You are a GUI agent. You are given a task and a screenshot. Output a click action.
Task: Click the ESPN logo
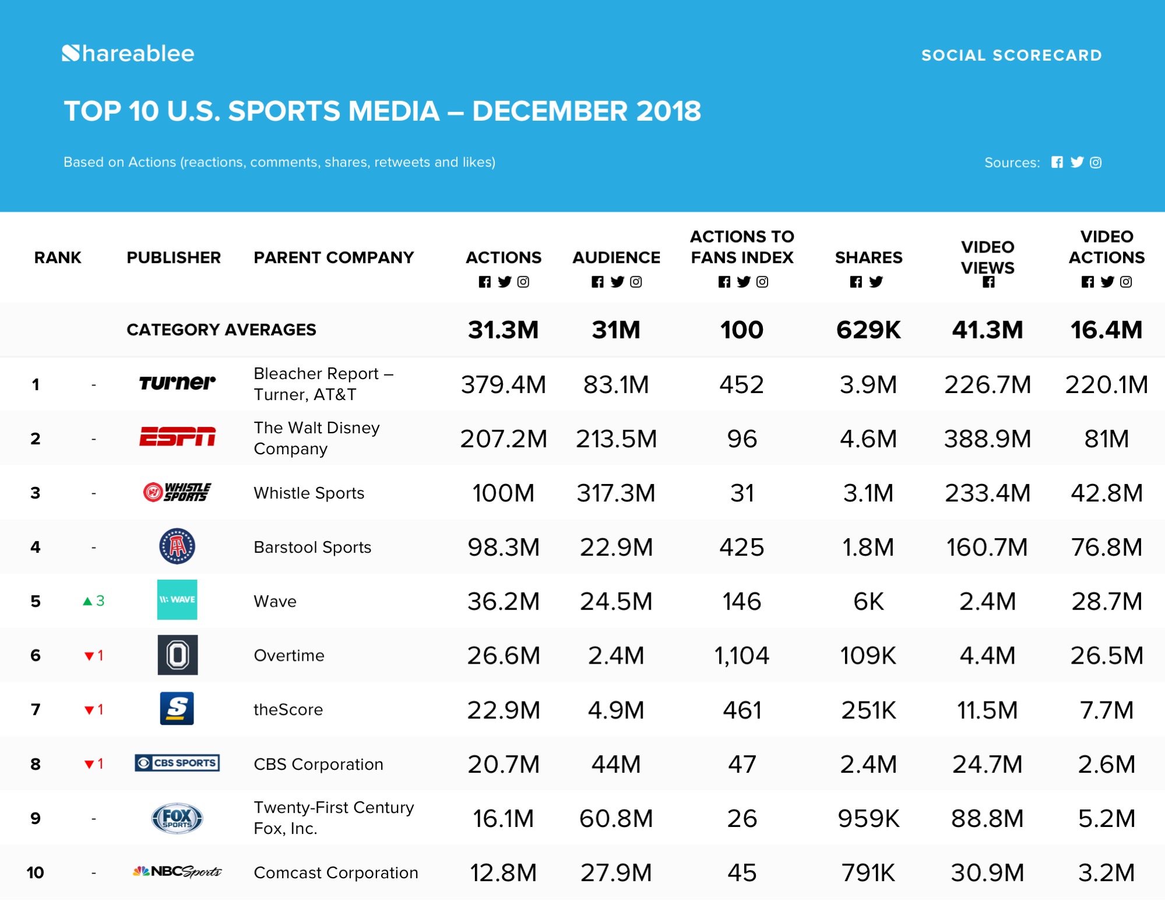click(177, 437)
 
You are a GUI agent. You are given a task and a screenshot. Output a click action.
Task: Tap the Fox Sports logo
click(177, 818)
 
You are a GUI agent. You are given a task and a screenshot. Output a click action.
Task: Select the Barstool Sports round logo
click(177, 546)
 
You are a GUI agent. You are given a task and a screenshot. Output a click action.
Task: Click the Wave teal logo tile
click(177, 600)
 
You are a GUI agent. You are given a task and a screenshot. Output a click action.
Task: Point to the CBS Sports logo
click(177, 763)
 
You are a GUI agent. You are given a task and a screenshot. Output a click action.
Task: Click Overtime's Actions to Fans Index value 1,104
click(741, 655)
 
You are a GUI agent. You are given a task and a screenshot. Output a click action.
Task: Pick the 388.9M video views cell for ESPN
click(987, 439)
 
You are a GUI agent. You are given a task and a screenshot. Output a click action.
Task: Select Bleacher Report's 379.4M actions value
click(503, 384)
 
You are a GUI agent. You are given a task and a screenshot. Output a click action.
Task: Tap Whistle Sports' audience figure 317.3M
click(616, 493)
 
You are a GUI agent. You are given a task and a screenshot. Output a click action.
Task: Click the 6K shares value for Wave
click(868, 601)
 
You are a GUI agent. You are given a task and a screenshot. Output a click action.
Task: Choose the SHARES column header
click(868, 257)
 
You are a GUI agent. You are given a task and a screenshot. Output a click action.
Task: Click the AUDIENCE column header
click(616, 257)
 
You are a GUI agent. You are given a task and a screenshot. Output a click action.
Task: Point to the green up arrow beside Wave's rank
click(87, 601)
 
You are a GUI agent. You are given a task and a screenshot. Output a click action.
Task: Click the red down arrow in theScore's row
click(89, 710)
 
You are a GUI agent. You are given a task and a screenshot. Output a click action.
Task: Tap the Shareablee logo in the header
click(128, 54)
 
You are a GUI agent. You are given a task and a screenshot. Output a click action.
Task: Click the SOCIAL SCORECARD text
click(1011, 55)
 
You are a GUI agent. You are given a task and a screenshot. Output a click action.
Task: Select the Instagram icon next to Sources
click(1096, 163)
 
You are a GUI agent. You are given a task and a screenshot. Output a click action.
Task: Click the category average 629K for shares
click(868, 329)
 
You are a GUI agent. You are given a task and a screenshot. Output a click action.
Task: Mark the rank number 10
click(36, 872)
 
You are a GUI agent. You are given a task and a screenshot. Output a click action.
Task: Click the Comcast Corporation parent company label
click(336, 872)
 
